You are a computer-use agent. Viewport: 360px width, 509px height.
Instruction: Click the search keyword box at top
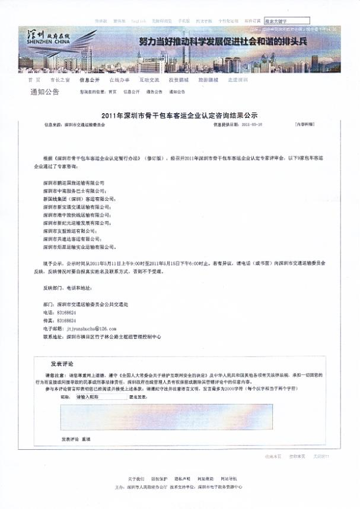[286, 21]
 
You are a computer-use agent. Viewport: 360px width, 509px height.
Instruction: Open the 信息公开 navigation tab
[88, 79]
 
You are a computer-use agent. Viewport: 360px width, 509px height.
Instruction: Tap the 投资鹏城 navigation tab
[179, 79]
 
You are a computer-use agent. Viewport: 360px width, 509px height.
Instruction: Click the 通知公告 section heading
[44, 92]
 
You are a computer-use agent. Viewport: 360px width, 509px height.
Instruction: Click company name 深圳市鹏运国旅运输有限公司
[74, 184]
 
